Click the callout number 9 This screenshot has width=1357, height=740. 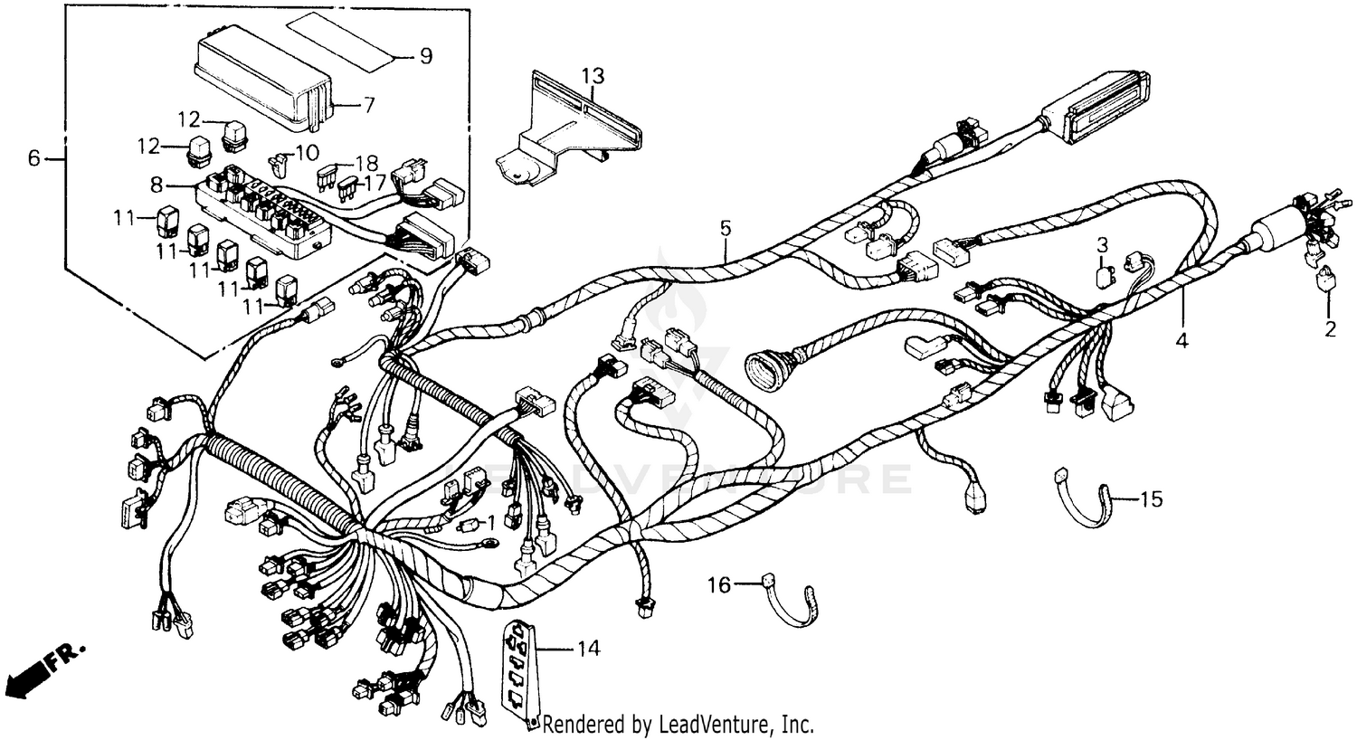click(425, 56)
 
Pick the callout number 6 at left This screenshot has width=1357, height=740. click(34, 159)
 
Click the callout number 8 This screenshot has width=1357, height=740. click(157, 185)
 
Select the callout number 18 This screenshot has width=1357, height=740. click(366, 163)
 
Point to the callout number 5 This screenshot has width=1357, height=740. click(725, 228)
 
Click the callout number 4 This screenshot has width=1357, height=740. click(1181, 341)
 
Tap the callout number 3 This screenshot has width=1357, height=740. click(1102, 244)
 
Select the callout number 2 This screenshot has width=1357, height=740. click(1329, 329)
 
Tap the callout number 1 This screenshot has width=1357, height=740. click(491, 522)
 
